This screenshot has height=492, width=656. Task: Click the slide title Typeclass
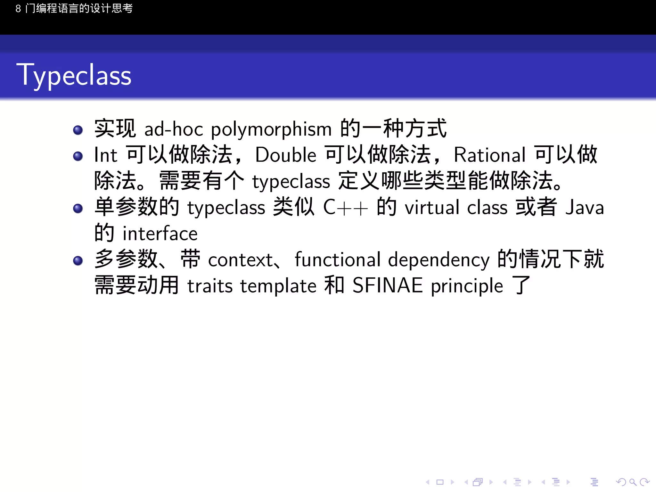tap(74, 76)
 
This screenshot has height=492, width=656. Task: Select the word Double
tap(286, 155)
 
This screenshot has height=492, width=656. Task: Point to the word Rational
tap(490, 155)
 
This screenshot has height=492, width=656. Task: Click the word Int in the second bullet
tap(106, 155)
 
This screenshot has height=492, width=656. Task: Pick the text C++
tap(345, 208)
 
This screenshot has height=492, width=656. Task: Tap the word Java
tap(585, 208)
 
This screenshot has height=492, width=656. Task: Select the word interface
tap(160, 234)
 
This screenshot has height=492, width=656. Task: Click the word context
tap(240, 260)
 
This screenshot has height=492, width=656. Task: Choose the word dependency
tap(439, 260)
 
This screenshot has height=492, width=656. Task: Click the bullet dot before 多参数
tap(78, 260)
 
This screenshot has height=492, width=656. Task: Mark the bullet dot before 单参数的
tap(78, 209)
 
